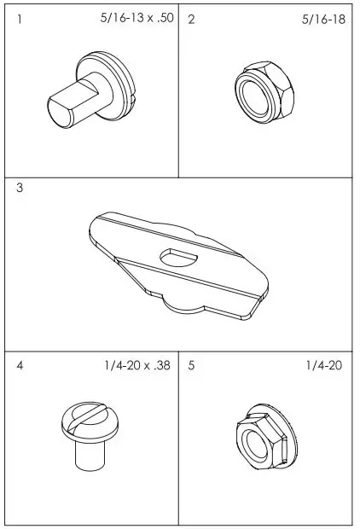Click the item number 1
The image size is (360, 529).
[20, 20]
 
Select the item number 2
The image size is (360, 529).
[191, 20]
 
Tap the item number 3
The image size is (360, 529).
[20, 189]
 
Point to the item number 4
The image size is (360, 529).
[20, 365]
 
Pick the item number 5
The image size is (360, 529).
[191, 365]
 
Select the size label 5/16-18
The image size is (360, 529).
[323, 19]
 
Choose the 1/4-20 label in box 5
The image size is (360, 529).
[323, 365]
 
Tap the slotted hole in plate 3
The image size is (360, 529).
[178, 254]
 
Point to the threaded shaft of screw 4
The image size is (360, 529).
[87, 454]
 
